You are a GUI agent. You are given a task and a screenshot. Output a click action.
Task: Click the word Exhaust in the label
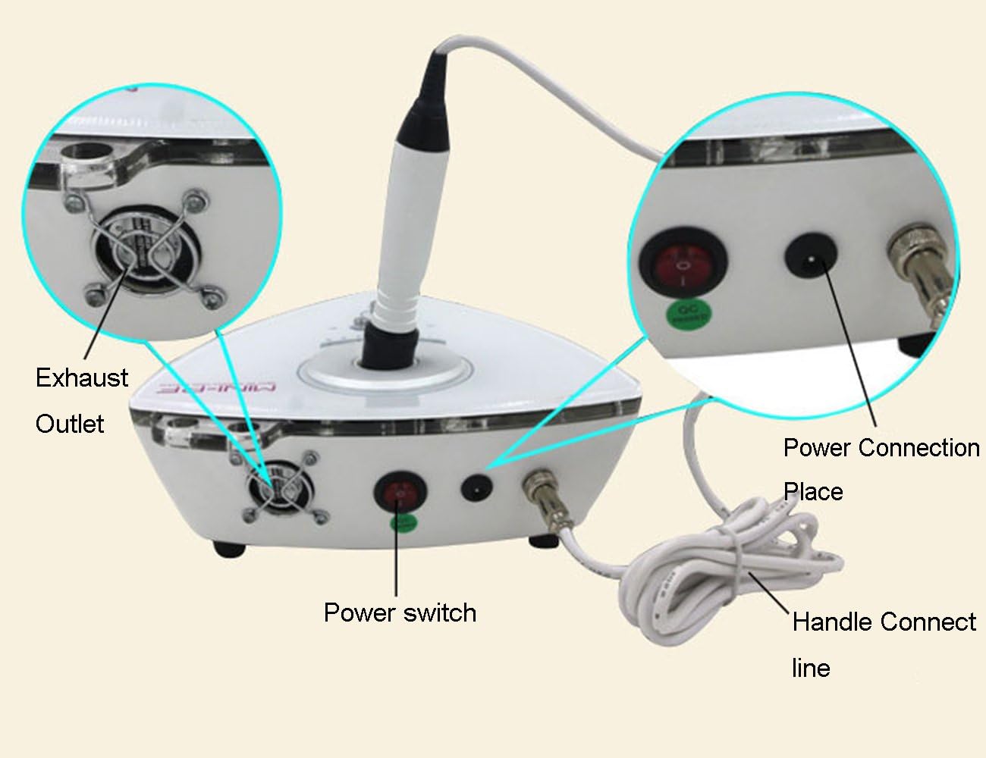tap(82, 377)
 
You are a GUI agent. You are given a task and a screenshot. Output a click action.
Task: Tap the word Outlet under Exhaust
tap(70, 423)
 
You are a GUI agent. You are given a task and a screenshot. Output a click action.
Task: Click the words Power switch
tap(400, 612)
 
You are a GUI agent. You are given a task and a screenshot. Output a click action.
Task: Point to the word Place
tap(813, 492)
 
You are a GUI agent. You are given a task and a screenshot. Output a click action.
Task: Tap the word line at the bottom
tap(811, 668)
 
